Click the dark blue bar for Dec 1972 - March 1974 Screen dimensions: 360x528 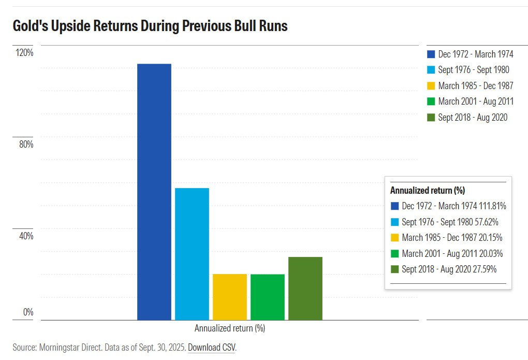click(x=154, y=192)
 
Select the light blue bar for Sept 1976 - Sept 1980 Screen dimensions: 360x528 click(x=192, y=254)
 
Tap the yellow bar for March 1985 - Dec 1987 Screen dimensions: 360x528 click(x=229, y=296)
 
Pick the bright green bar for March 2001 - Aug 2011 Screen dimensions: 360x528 click(x=267, y=297)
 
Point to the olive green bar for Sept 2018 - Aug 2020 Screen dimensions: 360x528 click(x=305, y=288)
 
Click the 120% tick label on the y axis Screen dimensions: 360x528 click(x=24, y=53)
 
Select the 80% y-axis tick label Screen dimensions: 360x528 click(x=26, y=144)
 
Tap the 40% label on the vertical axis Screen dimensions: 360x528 click(x=26, y=236)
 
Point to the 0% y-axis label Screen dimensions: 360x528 click(x=28, y=312)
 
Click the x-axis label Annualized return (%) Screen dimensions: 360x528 click(x=229, y=328)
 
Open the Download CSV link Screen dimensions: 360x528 click(x=211, y=348)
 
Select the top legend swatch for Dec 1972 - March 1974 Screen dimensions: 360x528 click(x=431, y=54)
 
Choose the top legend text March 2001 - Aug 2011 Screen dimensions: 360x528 click(x=475, y=102)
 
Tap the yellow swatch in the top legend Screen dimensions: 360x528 click(x=431, y=86)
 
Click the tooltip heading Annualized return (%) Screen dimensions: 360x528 click(x=427, y=190)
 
